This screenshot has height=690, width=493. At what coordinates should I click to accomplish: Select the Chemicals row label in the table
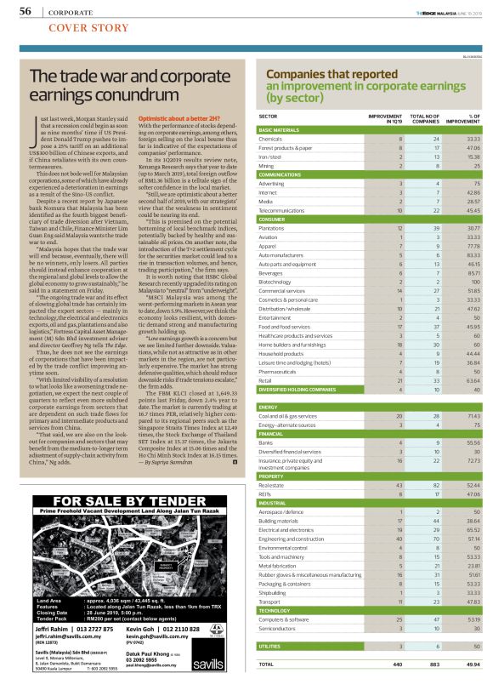point(270,139)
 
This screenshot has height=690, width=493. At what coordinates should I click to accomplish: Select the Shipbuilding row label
point(274,592)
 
